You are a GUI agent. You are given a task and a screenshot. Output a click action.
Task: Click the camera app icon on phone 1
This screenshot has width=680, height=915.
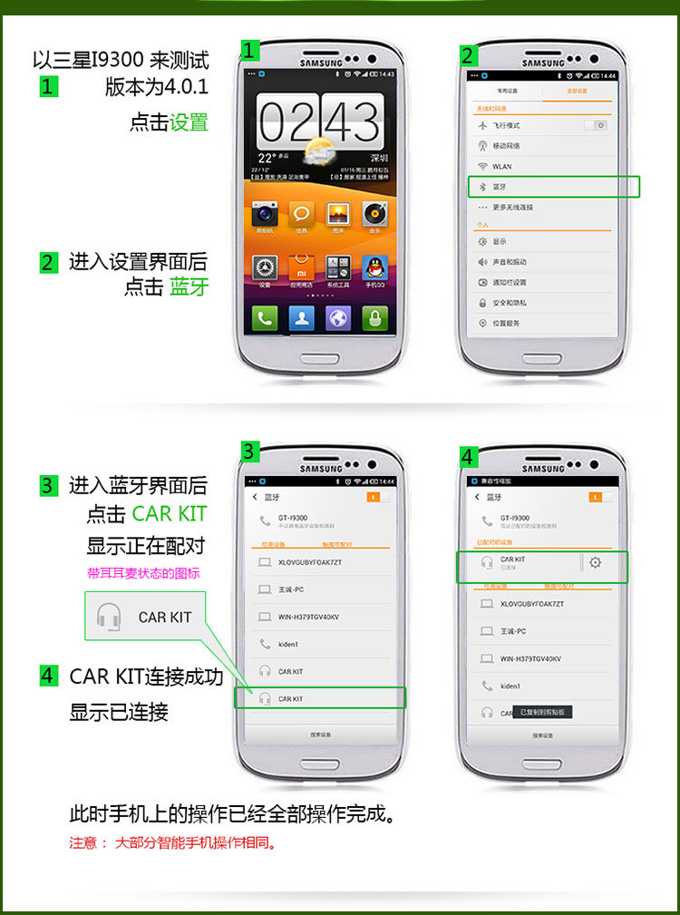265,214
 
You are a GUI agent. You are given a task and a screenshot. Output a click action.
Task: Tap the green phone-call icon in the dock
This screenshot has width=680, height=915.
265,317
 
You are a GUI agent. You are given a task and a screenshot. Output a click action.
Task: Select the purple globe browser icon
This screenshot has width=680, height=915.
338,317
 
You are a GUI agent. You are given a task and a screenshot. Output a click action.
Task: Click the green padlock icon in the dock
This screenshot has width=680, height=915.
374,317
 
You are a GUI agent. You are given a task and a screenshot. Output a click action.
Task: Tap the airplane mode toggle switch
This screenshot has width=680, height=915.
597,125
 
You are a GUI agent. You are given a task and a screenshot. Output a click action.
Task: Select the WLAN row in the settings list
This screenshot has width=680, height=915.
544,167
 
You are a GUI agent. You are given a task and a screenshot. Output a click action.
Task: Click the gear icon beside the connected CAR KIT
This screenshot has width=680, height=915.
595,562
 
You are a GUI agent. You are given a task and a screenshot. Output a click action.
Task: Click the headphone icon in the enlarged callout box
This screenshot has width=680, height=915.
109,617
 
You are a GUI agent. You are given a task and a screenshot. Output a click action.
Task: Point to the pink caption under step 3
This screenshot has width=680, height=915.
143,573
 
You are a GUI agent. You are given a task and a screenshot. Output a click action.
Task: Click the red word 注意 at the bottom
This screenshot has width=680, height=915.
83,842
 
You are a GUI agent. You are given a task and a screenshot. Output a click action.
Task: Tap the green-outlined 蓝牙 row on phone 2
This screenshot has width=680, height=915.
553,187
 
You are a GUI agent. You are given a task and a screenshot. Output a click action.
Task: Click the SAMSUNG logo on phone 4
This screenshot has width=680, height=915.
543,469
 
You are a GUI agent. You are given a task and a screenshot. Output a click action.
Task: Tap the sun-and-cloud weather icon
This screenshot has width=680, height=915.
319,151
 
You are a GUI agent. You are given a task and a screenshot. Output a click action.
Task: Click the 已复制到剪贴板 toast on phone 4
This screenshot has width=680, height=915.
542,712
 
